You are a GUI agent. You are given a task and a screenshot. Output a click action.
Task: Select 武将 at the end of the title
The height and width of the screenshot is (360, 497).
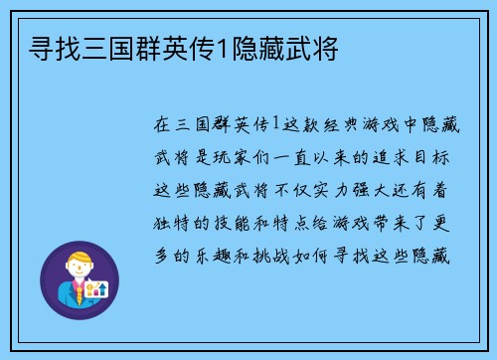(315, 46)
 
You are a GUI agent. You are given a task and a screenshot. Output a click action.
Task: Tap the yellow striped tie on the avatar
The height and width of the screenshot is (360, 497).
(79, 294)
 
